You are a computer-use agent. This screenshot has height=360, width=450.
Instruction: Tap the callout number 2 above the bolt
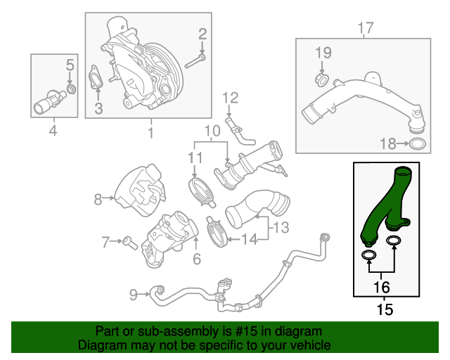(202, 32)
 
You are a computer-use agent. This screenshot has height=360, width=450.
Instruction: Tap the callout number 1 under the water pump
(150, 131)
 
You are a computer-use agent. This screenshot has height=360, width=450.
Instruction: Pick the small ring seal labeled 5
(70, 90)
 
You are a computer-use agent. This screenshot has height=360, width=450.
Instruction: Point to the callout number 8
(98, 200)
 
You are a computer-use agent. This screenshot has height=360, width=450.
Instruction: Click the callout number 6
(197, 259)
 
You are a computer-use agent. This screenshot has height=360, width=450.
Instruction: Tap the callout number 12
(231, 98)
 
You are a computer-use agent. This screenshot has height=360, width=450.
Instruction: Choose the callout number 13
(281, 227)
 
